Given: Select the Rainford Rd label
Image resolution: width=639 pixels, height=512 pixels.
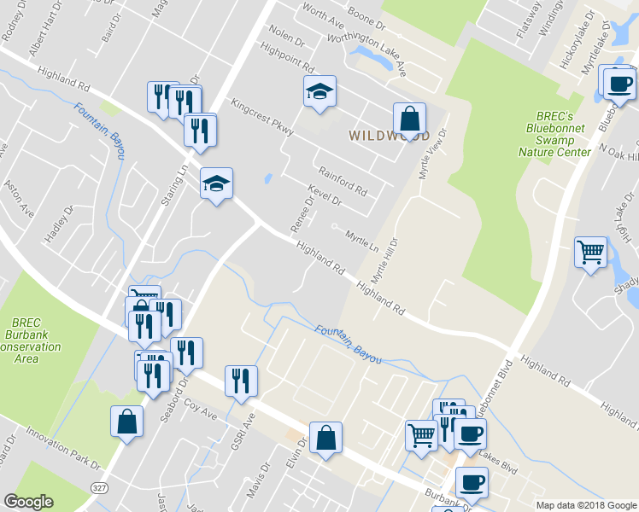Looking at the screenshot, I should point(341,177).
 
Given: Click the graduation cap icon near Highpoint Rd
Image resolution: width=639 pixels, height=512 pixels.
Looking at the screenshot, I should point(320,91).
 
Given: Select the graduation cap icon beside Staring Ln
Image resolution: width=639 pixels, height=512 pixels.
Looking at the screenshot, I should point(216,183).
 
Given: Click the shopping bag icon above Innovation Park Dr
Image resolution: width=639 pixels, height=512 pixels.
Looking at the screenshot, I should point(126,421).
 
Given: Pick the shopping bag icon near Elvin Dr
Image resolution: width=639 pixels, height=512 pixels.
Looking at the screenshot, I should point(326,438).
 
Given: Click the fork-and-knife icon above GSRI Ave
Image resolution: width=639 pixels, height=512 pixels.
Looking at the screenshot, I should point(241,380).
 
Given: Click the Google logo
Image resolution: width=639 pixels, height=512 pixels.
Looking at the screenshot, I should point(28,502).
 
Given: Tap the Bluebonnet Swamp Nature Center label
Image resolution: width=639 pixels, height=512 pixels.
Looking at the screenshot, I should point(554,134).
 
